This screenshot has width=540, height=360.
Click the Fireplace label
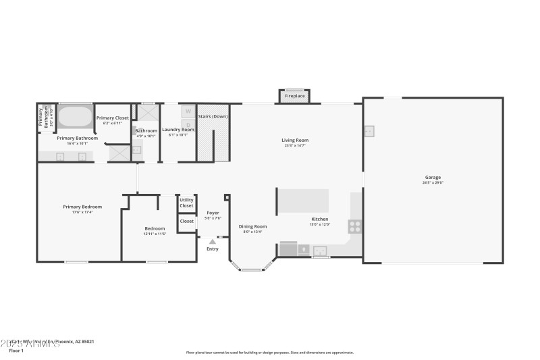pyautogui.click(x=294, y=97)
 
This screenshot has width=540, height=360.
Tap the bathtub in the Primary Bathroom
pyautogui.click(x=74, y=116)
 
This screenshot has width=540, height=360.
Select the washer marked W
pyautogui.click(x=188, y=111)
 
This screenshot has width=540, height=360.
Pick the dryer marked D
pyautogui.click(x=188, y=124)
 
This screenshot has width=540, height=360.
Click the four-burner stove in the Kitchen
pyautogui.click(x=355, y=226)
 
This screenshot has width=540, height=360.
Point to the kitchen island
pyautogui.click(x=304, y=201)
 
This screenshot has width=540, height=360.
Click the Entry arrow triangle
pyautogui.click(x=213, y=241)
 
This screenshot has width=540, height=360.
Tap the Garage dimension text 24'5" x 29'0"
pyautogui.click(x=433, y=182)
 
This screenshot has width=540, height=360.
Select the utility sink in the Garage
pyautogui.click(x=369, y=131)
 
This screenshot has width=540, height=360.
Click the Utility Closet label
pyautogui.click(x=186, y=203)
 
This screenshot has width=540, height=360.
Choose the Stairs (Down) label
pyautogui.click(x=213, y=117)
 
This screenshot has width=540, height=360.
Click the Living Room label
pyautogui.click(x=295, y=140)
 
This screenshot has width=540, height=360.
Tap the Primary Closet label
pyautogui.click(x=113, y=118)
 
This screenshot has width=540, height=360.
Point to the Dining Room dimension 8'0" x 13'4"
pyautogui.click(x=252, y=232)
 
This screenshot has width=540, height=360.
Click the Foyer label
pyautogui.click(x=213, y=213)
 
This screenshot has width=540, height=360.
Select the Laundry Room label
pyautogui.click(x=178, y=129)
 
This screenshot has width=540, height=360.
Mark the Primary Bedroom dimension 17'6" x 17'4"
pyautogui.click(x=82, y=212)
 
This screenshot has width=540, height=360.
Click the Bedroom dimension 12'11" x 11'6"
pyautogui.click(x=155, y=234)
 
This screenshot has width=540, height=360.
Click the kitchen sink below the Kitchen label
pyautogui.click(x=320, y=251)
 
